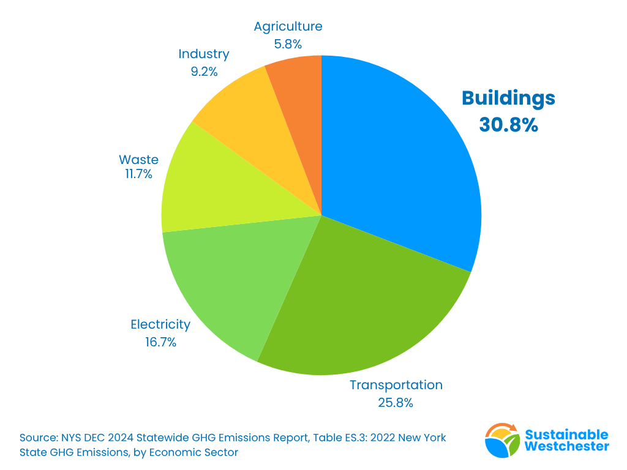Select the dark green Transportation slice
point(361,306)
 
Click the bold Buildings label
point(508,98)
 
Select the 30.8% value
point(508,125)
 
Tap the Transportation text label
point(396,385)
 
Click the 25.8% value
point(396,403)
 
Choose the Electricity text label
point(160,324)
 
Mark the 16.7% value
point(160,342)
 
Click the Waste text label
point(138,160)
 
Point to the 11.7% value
point(138,174)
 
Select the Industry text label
point(204,54)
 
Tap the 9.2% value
point(204,72)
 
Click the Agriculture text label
point(288,26)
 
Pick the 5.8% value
point(288,44)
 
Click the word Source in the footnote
point(38,438)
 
